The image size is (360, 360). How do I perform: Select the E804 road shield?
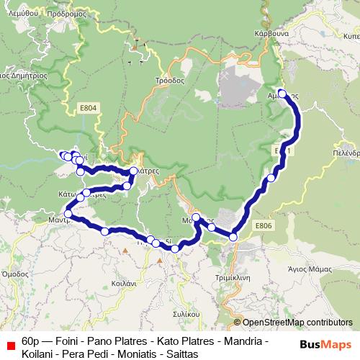coord(89,108)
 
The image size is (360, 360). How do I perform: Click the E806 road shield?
coord(264,225)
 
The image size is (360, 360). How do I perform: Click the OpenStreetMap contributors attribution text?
coord(297,323)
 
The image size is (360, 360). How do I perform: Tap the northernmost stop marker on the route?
coord(283,93)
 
